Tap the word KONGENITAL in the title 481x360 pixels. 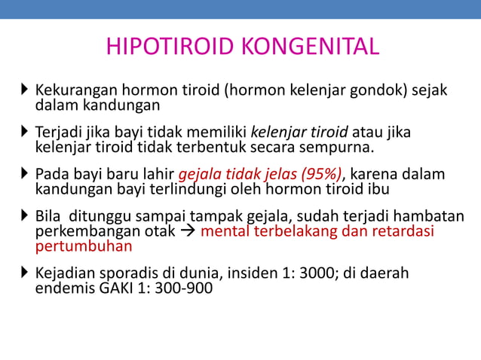[x=311, y=47]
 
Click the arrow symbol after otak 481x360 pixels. [x=189, y=231]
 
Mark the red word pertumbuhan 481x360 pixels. [x=84, y=246]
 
